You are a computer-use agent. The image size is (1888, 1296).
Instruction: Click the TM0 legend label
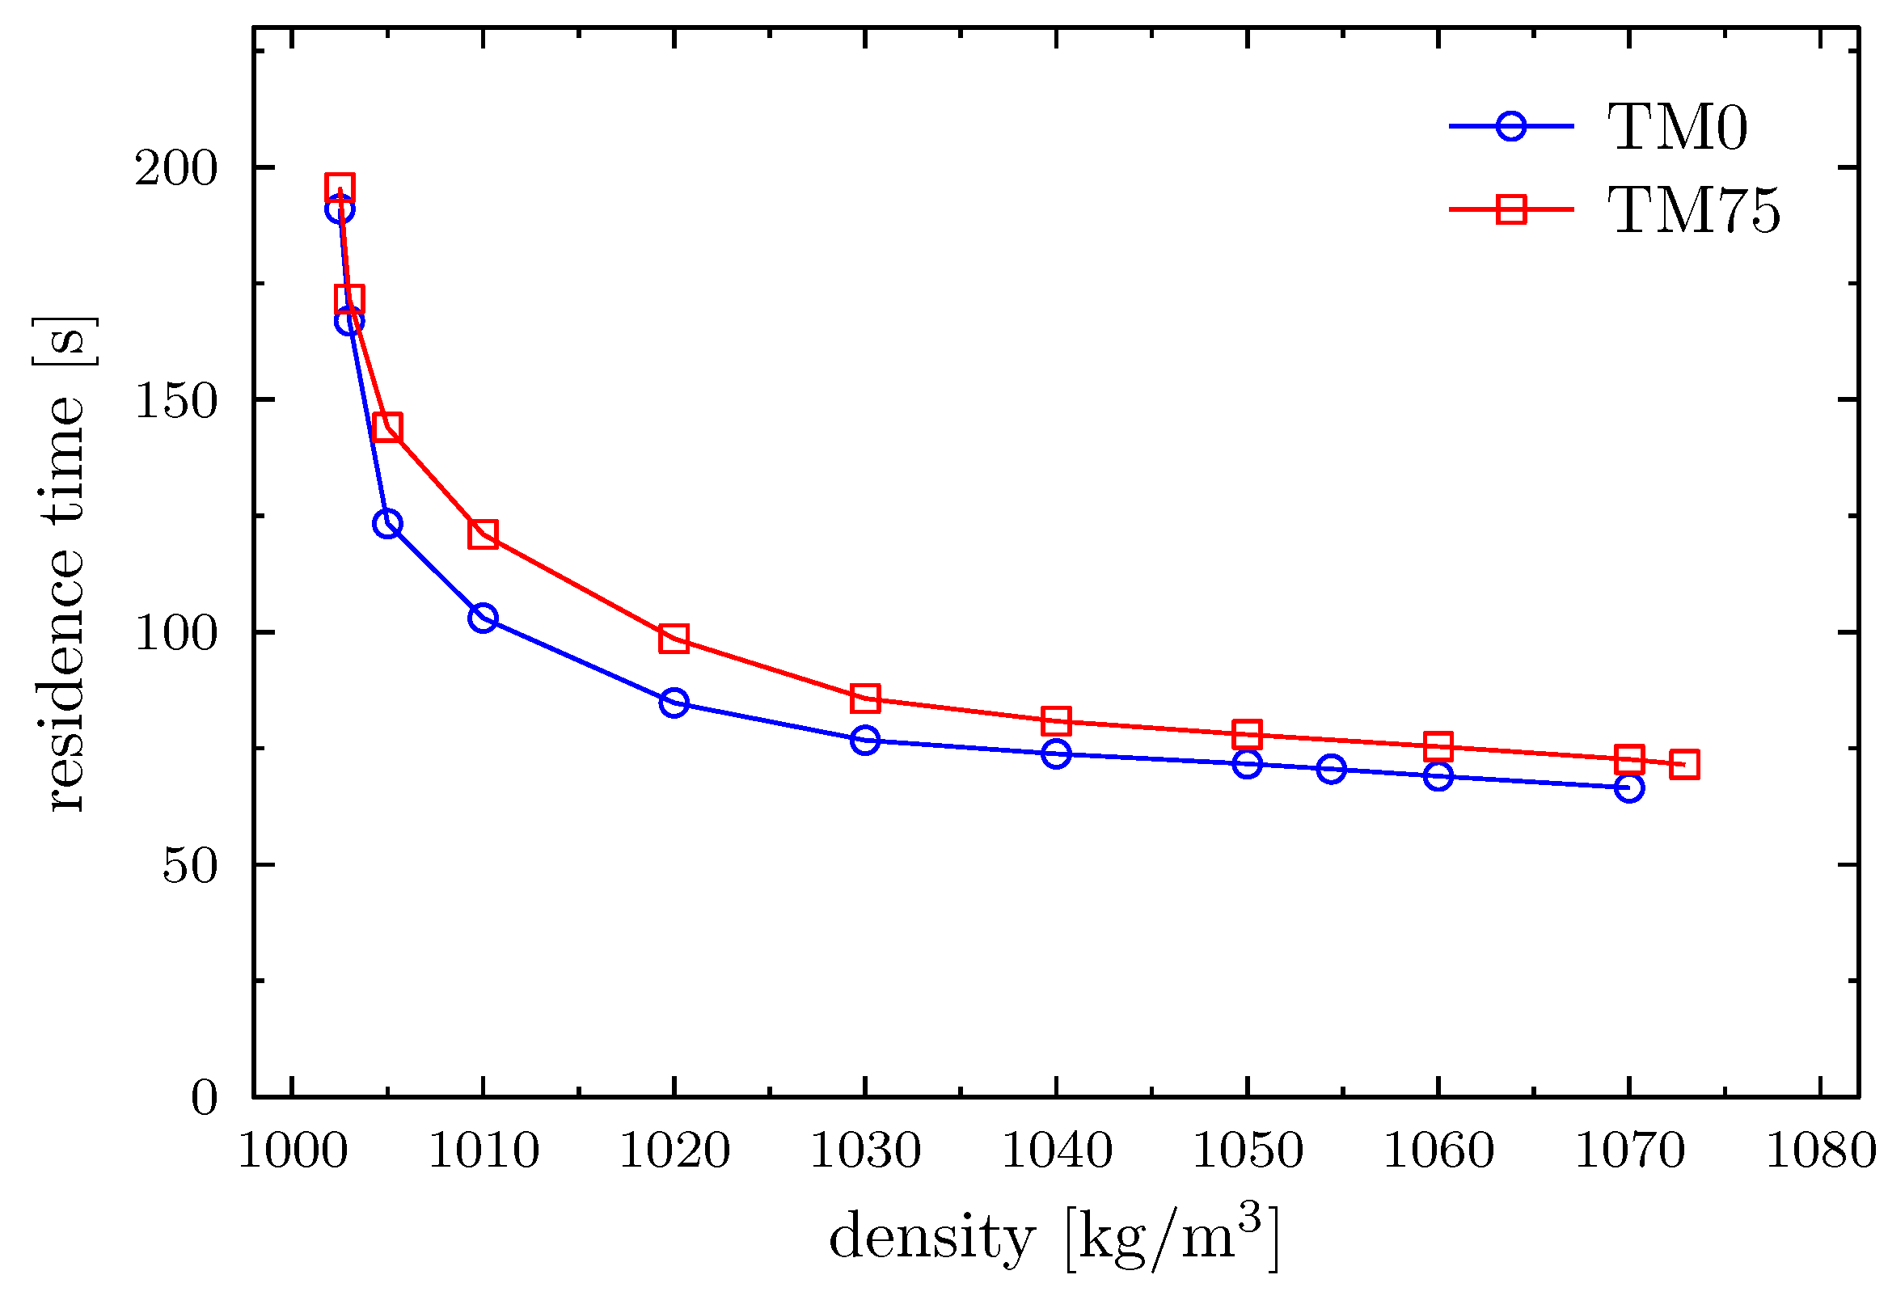tap(1677, 128)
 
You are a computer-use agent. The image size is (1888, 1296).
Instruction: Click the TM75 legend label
tap(1693, 210)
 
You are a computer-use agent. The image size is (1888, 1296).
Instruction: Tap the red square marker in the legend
tap(1511, 209)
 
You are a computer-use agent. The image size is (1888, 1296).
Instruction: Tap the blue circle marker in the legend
tap(1511, 127)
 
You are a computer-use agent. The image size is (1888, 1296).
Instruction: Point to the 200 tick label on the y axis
tap(176, 169)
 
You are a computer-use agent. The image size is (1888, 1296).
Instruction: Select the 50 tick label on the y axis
tap(190, 866)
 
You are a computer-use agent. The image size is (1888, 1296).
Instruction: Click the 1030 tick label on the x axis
tap(865, 1151)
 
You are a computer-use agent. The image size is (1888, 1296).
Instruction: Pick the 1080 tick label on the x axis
tap(1821, 1151)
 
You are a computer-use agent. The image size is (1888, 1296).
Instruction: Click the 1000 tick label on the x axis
tap(293, 1151)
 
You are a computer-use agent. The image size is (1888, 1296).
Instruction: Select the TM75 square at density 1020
tap(674, 639)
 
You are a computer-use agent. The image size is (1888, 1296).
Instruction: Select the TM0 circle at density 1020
tap(674, 702)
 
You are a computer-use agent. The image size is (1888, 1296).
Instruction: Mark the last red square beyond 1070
tap(1685, 765)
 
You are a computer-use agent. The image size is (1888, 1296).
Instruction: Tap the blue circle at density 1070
tap(1628, 787)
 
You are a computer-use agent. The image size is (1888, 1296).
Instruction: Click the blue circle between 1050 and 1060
tap(1331, 769)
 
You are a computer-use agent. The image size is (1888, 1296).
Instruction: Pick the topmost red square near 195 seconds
tap(340, 188)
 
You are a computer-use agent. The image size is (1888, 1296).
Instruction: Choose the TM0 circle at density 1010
tap(483, 618)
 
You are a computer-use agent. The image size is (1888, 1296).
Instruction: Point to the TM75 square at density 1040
tap(1056, 720)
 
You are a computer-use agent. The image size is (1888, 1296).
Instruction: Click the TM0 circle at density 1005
tap(387, 523)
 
